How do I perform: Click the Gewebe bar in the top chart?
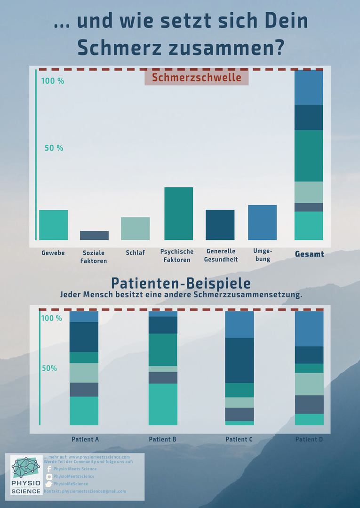click(53, 225)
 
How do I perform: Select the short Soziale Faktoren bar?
click(94, 235)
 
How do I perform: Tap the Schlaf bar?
click(135, 229)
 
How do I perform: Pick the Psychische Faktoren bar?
click(178, 214)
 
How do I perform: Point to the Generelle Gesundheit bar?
click(220, 225)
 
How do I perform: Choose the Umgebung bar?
click(262, 222)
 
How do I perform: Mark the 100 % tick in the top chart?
click(53, 81)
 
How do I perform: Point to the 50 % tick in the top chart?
click(54, 148)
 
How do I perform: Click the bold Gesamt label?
click(309, 254)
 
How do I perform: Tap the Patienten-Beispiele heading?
click(181, 284)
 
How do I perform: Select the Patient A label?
click(85, 439)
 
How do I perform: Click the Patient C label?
click(239, 439)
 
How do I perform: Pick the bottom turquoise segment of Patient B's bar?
click(163, 405)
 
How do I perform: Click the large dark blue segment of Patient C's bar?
click(239, 360)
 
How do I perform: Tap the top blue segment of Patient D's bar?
click(309, 329)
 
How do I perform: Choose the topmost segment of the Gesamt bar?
click(309, 87)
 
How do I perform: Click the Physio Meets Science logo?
click(26, 475)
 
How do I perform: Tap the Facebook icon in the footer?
click(49, 469)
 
